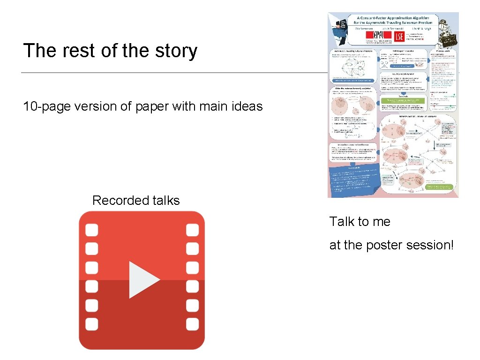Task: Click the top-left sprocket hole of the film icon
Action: pos(92,230)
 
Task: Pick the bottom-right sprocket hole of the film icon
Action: pos(193,324)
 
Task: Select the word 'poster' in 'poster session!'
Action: pos(383,245)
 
